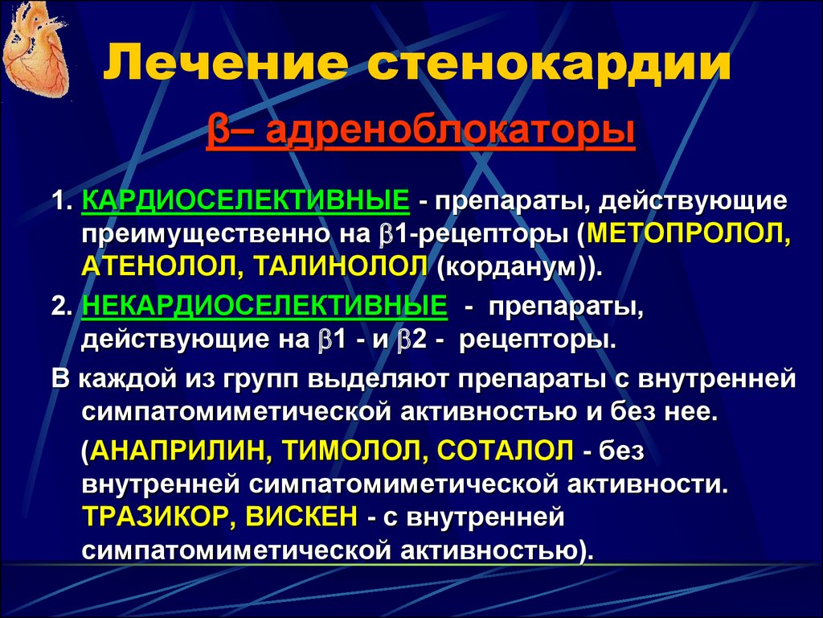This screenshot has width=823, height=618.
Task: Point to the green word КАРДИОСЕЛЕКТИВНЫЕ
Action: [x=246, y=200]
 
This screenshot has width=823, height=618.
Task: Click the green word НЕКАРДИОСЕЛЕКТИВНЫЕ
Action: [x=264, y=306]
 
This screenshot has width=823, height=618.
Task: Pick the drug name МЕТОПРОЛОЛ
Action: [x=688, y=234]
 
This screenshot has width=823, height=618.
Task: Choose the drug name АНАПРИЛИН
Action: [x=179, y=451]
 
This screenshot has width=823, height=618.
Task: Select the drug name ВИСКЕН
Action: [x=301, y=517]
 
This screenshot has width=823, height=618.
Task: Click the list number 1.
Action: [x=61, y=201]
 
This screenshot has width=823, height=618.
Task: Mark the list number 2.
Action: [x=61, y=307]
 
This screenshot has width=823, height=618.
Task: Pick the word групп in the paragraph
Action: [x=258, y=381]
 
